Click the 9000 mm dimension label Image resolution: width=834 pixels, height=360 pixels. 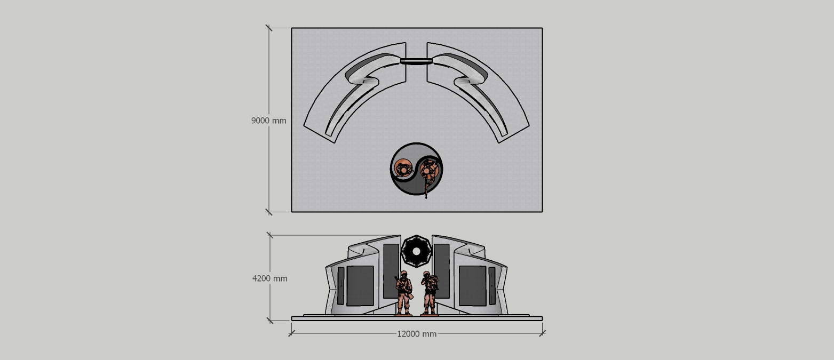tap(268, 121)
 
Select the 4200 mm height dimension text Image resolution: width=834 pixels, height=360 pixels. tap(269, 278)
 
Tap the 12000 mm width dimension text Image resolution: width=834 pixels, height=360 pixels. tap(417, 334)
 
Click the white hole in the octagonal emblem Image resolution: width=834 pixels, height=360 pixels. tap(416, 252)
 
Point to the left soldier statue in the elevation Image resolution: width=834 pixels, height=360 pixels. tap(404, 293)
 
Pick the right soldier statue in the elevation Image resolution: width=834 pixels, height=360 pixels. tap(430, 293)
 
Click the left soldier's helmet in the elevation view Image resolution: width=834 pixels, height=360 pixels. tap(403, 274)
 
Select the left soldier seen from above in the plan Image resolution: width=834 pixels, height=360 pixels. tap(403, 169)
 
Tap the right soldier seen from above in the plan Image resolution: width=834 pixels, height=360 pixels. tap(429, 171)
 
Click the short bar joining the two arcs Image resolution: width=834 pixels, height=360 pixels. tap(416, 61)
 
